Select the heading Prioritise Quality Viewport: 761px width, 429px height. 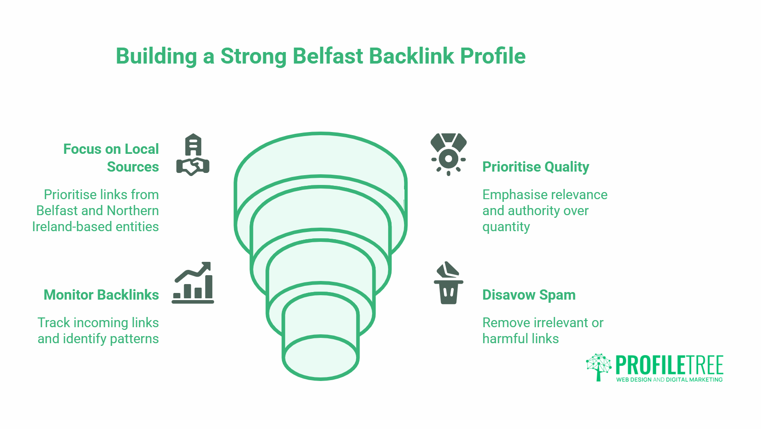click(x=535, y=167)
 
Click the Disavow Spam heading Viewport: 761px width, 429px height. click(x=529, y=295)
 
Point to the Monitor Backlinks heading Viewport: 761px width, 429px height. click(x=101, y=295)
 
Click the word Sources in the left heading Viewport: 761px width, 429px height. click(x=133, y=167)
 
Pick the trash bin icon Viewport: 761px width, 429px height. click(x=448, y=283)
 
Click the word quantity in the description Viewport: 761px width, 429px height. click(x=506, y=227)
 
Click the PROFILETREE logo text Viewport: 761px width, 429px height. click(x=669, y=365)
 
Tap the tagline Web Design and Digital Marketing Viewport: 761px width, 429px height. click(x=669, y=380)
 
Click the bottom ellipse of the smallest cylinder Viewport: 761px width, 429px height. click(x=321, y=357)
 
